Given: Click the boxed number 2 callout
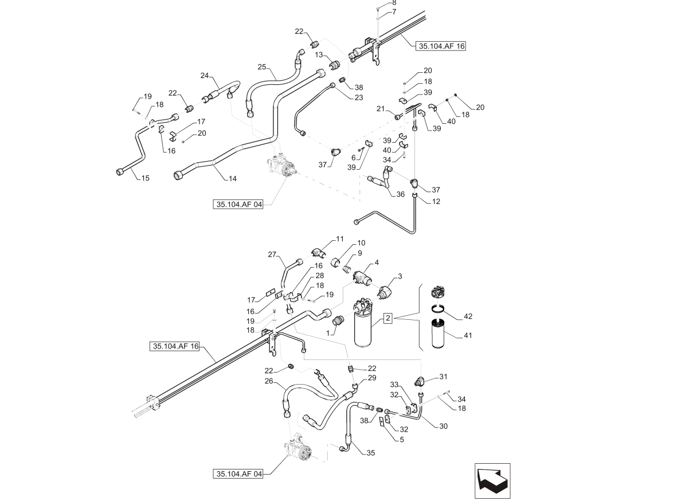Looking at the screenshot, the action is coord(387,318).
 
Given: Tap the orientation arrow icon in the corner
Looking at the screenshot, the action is coord(492,481).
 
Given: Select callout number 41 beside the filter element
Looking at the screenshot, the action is coord(468,335).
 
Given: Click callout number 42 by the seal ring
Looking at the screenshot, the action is coord(468,316).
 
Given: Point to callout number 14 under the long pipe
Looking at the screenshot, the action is coord(232,178).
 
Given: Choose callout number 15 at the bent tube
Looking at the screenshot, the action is coord(145,178).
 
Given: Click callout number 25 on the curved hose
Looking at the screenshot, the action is coord(262,67).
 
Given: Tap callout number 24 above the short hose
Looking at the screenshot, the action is coord(205,76).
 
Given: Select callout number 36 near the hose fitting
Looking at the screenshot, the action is coord(400,194).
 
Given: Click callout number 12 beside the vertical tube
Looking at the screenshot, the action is coord(436,201).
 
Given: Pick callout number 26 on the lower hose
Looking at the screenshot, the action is coord(269,381).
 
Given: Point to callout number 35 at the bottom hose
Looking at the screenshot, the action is coord(370,453).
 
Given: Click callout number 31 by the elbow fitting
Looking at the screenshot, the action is coord(444,377).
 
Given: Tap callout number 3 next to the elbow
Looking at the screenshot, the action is coord(400,276).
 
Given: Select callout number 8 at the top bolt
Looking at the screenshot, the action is coord(394,3).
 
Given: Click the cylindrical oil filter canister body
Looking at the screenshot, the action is coord(363,327).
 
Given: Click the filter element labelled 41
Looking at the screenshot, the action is coord(439,334).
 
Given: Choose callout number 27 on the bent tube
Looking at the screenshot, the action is coord(272,254).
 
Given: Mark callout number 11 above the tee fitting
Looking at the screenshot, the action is coord(340,239).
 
